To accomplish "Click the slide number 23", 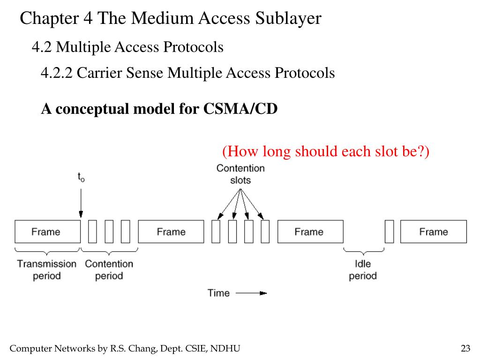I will click(x=465, y=348).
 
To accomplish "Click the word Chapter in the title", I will click(x=51, y=18).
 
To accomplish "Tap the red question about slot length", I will click(x=326, y=151).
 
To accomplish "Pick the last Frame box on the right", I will click(x=434, y=232).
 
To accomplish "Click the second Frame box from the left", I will click(x=171, y=232).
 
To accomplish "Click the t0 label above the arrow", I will click(x=81, y=177).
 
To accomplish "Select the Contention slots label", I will click(x=240, y=174).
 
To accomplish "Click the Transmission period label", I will click(x=47, y=270).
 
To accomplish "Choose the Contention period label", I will click(x=109, y=270).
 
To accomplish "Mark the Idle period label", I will click(x=363, y=270).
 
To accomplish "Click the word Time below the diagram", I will click(x=218, y=293).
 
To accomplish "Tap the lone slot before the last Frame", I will click(x=390, y=232).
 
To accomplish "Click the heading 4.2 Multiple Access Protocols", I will click(x=127, y=47).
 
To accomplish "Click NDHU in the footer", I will click(x=225, y=348).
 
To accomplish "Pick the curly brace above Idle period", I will click(x=363, y=251).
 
